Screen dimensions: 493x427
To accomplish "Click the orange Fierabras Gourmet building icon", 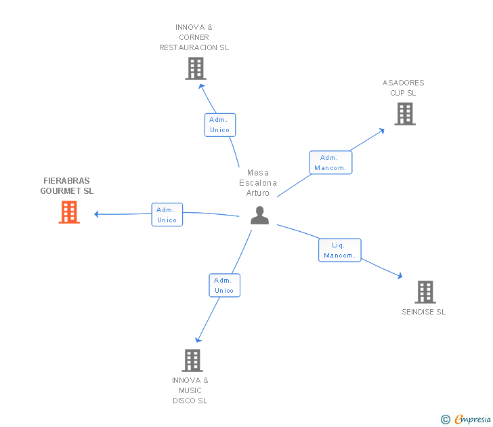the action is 69,212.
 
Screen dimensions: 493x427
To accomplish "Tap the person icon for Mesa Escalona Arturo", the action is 260,216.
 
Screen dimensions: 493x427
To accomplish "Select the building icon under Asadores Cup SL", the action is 405,114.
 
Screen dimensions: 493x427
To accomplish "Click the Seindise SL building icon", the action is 425,292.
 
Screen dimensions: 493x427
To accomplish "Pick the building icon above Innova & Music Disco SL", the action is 192,361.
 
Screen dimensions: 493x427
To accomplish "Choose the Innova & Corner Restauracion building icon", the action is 196,68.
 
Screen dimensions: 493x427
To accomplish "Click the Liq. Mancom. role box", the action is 339,250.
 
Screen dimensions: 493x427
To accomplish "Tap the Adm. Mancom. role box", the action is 330,163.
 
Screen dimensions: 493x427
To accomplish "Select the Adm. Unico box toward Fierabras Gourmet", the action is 167,215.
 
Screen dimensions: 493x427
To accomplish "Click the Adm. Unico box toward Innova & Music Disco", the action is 225,285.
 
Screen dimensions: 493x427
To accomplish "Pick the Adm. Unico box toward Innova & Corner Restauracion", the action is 220,125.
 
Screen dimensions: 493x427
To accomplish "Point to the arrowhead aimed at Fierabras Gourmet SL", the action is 97,214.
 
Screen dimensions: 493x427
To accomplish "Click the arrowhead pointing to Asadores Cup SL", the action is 382,131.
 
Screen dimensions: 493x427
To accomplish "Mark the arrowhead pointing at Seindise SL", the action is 400,276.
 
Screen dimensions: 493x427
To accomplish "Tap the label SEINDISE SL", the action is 423,312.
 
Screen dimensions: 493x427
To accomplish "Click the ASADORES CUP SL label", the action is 403,88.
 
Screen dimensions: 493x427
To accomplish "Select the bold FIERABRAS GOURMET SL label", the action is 66,186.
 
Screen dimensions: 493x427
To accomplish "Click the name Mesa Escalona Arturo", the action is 258,183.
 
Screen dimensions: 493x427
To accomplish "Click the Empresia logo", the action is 466,419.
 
